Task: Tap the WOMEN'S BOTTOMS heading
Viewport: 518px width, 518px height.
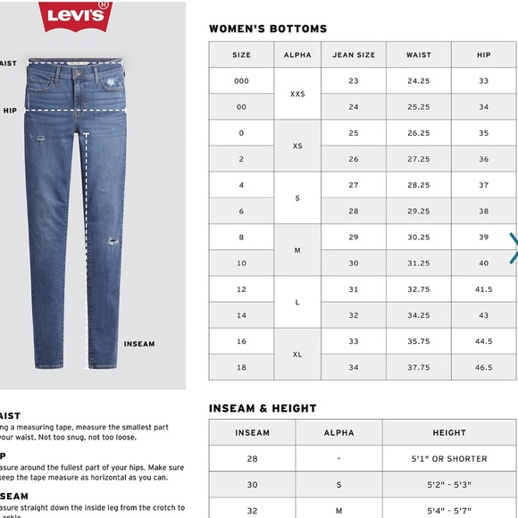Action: (268, 29)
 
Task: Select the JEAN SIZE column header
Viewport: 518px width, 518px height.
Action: (354, 54)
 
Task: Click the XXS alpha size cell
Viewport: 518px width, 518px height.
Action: (297, 93)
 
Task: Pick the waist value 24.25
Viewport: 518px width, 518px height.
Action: (419, 80)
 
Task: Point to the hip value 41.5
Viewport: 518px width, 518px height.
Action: (484, 289)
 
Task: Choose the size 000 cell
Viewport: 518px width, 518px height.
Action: (241, 80)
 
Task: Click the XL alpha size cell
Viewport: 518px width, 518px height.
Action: (297, 354)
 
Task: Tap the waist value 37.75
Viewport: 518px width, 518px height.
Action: (419, 367)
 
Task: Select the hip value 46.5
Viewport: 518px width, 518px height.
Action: (484, 367)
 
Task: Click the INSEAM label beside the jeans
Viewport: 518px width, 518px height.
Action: (139, 344)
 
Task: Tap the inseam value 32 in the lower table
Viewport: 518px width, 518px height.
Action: (252, 511)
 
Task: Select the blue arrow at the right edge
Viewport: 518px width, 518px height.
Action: (514, 248)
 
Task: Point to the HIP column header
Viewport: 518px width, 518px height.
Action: (484, 54)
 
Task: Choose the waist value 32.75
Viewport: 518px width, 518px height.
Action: (419, 289)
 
